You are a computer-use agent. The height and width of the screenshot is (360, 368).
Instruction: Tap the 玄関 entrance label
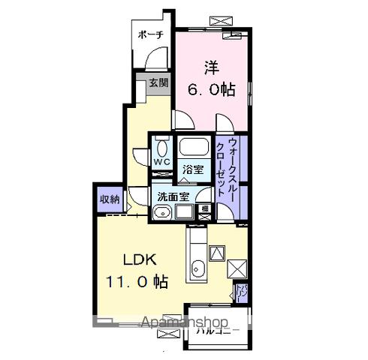point(157,82)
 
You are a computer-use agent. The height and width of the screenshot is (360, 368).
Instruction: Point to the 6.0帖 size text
point(211,89)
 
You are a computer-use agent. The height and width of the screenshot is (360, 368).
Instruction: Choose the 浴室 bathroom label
point(194,169)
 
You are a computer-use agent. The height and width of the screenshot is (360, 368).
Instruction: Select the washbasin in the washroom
point(160,213)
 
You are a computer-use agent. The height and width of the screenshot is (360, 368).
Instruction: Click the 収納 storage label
point(109,199)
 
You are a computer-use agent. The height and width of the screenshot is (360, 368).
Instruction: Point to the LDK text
point(140,260)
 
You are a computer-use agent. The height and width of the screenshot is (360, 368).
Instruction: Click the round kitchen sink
point(198,268)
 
